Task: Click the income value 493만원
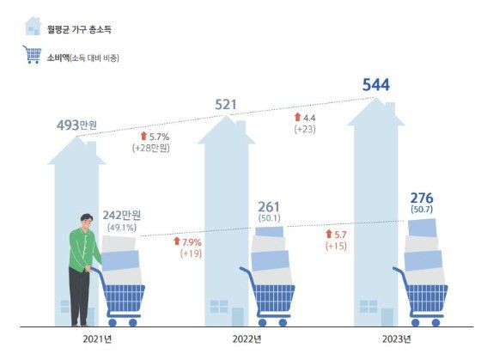coord(76,126)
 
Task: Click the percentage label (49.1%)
coord(121,229)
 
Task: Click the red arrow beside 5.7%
coord(143,136)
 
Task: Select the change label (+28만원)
coord(150,149)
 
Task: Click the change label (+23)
coord(306,129)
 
